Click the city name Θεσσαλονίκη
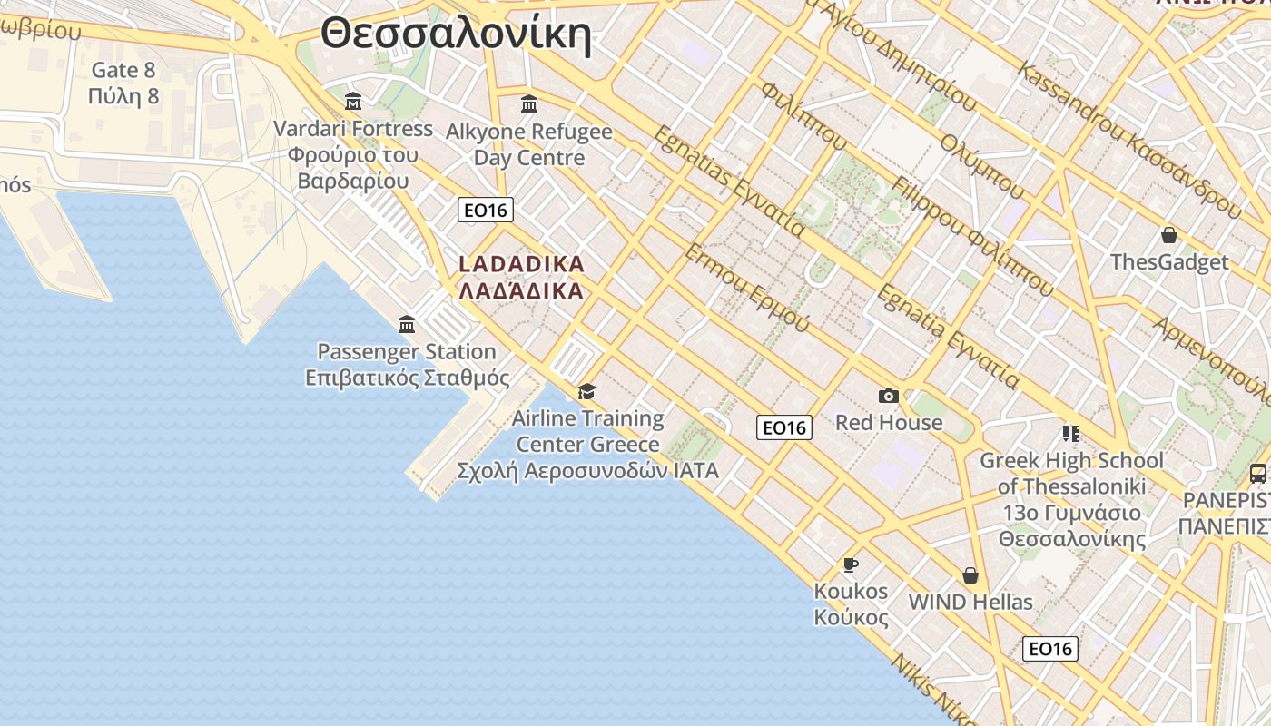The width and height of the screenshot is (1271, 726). tap(456, 35)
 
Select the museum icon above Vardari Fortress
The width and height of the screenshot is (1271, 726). tap(353, 101)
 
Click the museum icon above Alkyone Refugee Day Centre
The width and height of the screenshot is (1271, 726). tap(529, 104)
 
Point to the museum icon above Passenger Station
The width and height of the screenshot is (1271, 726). tap(407, 324)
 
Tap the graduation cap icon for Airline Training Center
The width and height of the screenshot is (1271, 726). tap(587, 391)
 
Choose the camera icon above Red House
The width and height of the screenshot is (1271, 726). tap(889, 396)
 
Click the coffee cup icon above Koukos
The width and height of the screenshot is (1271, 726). tap(851, 564)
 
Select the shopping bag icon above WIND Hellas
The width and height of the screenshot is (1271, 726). tap(970, 575)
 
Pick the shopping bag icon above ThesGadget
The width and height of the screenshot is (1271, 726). tap(1169, 235)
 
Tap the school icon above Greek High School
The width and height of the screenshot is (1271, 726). tap(1071, 434)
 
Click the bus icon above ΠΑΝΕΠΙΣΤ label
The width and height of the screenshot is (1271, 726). tap(1257, 473)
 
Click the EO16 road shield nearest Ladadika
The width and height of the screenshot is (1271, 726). tap(486, 211)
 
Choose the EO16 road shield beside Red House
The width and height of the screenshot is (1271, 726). tap(784, 427)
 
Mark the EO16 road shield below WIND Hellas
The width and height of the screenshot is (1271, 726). tap(1050, 649)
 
